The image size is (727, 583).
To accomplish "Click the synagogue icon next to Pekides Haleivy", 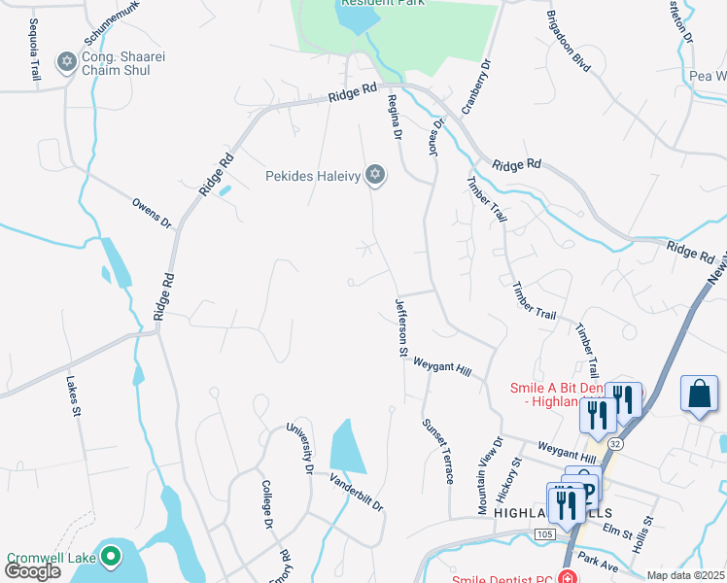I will (x=375, y=176).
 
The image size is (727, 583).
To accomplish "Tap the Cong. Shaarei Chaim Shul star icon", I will (x=67, y=62).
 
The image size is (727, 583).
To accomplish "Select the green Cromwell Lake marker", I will (x=112, y=557).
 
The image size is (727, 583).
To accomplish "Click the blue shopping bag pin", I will (x=699, y=394).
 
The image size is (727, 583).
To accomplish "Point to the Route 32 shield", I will (x=615, y=442).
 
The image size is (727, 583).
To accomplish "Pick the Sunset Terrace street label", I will (x=436, y=451).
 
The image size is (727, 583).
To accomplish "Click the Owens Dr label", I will (x=152, y=213).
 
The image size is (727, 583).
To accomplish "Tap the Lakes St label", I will (x=72, y=396).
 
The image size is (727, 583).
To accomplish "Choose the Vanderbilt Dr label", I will (x=356, y=494).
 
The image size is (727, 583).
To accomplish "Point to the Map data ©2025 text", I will (x=686, y=575).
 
